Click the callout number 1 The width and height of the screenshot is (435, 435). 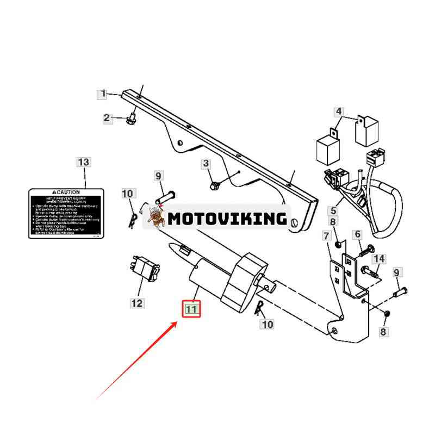tap(103, 94)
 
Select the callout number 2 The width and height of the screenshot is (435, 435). tap(107, 117)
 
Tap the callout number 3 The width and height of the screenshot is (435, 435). tap(206, 163)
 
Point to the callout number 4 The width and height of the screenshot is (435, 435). tap(339, 113)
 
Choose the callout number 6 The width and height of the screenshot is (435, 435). tap(357, 234)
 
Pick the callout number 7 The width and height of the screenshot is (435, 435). tap(326, 236)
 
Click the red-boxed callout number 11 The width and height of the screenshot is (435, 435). tap(190, 309)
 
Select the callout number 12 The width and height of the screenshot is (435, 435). tap(136, 303)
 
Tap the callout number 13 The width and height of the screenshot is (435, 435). tap(84, 162)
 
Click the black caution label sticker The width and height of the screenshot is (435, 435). tap(66, 213)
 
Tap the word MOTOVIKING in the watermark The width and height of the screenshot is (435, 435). tap(227, 219)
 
